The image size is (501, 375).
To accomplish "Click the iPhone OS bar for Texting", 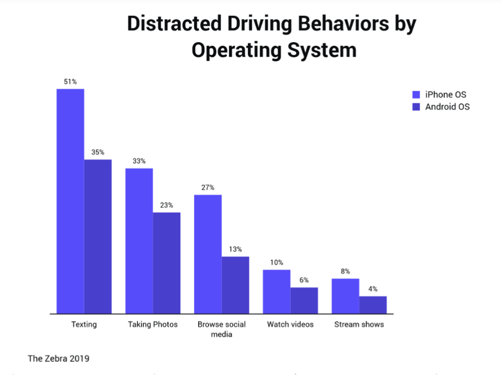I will pos(70,201).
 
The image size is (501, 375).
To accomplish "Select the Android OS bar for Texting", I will pos(98,236).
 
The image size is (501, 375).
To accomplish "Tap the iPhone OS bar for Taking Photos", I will pos(139,241).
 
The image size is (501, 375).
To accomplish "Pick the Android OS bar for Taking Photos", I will pos(166,263).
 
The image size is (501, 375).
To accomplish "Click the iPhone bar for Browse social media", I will pos(208,254).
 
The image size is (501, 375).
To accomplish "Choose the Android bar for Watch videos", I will pos(304,300).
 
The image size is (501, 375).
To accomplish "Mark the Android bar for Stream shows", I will pos(373,305).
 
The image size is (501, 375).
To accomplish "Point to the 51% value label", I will pos(70,81).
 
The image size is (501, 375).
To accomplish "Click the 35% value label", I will pos(98,152).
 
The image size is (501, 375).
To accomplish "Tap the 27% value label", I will pos(208,187).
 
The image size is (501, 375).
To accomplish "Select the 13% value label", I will pos(235,249).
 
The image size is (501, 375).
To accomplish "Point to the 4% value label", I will pos(373,289).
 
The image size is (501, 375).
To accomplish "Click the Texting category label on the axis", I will pos(84,325).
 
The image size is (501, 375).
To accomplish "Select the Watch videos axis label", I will pos(290,325).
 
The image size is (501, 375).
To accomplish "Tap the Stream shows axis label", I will pos(359,325).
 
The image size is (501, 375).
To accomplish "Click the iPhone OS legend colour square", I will pos(417,95).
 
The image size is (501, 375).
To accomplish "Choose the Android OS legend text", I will pos(447,106).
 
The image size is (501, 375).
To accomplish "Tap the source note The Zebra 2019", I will pos(59,358).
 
